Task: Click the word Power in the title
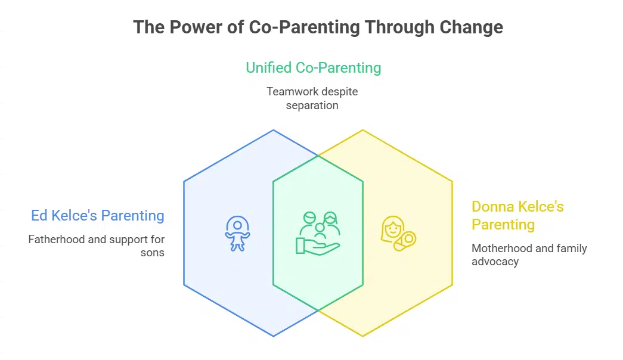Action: (x=196, y=27)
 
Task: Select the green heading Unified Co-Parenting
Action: (x=314, y=68)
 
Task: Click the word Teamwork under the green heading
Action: (x=293, y=91)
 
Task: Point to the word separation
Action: (x=312, y=105)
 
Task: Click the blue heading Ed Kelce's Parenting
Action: (x=98, y=215)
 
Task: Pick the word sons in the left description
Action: (x=153, y=253)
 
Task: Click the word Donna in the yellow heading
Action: (x=492, y=207)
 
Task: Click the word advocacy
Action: (x=495, y=262)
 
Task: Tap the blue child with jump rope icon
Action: (x=238, y=234)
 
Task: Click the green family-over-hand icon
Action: (x=318, y=233)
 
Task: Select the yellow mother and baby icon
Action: (x=398, y=234)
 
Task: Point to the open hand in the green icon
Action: (x=318, y=246)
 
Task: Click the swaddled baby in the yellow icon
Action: (x=405, y=241)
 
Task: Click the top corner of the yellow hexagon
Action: (x=362, y=130)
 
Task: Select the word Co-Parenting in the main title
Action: (x=305, y=27)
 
